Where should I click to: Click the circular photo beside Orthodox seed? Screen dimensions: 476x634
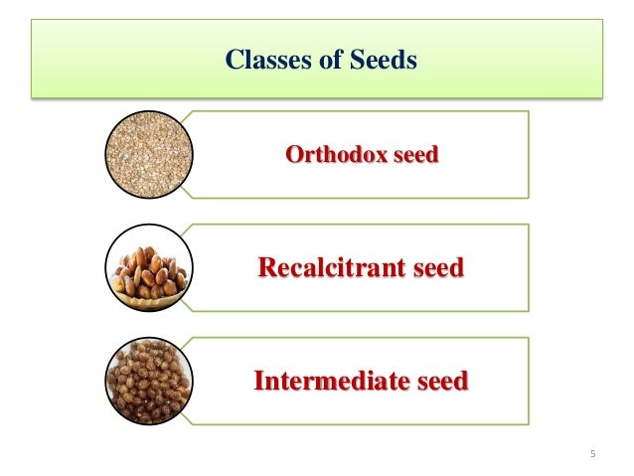pyautogui.click(x=148, y=155)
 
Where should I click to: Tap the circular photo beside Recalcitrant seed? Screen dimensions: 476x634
pyautogui.click(x=148, y=267)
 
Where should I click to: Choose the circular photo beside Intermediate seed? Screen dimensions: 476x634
pyautogui.click(x=148, y=381)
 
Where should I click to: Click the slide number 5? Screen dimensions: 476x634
pyautogui.click(x=592, y=455)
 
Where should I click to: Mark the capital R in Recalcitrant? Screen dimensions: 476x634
pyautogui.click(x=265, y=268)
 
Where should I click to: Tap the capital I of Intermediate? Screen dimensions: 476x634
pyautogui.click(x=259, y=382)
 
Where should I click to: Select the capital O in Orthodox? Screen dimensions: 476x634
pyautogui.click(x=293, y=156)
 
